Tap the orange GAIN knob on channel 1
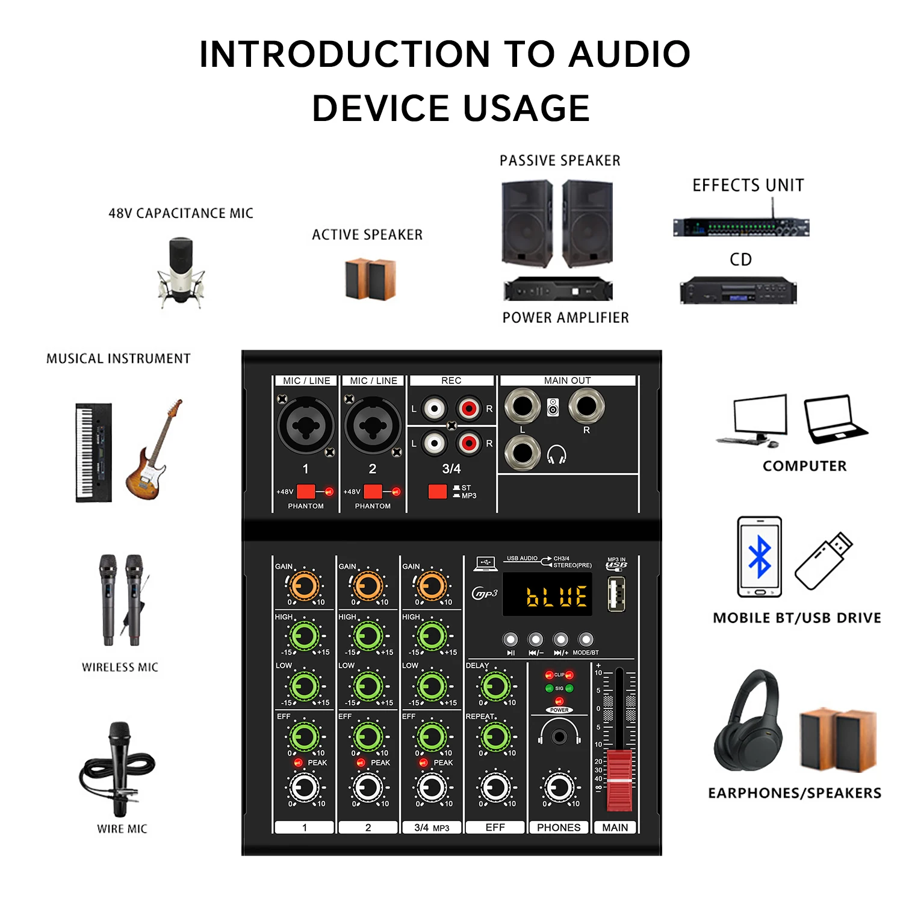(305, 585)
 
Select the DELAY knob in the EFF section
(495, 686)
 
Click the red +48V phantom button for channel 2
(373, 491)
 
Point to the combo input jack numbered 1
(306, 426)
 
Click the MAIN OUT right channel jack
(586, 406)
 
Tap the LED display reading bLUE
(547, 595)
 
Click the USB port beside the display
(616, 594)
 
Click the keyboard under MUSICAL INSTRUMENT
(94, 453)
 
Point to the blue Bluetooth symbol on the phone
(760, 557)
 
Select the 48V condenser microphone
(181, 272)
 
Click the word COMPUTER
(804, 466)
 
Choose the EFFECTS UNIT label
(748, 185)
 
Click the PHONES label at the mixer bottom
(559, 828)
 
